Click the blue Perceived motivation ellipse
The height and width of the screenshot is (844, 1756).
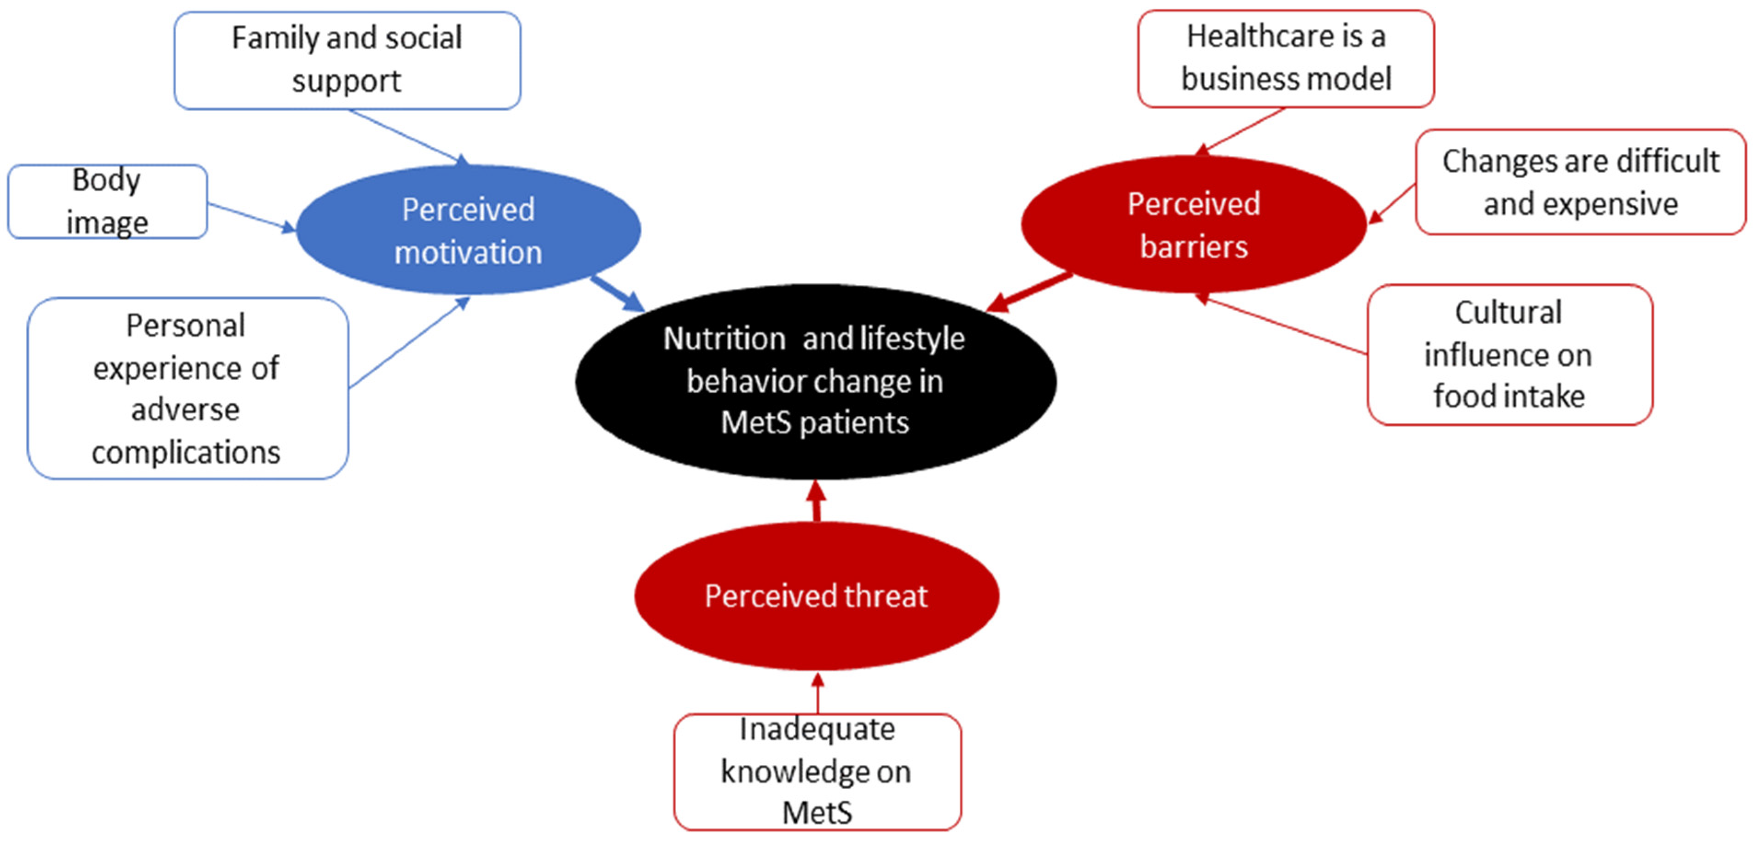tap(468, 230)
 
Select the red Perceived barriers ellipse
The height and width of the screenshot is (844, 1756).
tap(1193, 225)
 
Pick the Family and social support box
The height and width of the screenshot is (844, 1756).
tap(347, 60)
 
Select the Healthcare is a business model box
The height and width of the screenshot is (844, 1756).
tap(1286, 58)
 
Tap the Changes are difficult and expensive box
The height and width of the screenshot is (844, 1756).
tap(1580, 183)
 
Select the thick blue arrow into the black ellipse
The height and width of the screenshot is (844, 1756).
tap(617, 293)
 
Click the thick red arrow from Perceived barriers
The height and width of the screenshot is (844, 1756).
tap(1029, 293)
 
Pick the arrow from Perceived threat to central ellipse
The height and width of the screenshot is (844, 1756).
tap(816, 501)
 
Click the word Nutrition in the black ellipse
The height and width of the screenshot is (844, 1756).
tap(724, 339)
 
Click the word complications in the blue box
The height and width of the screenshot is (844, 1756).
tap(186, 453)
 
